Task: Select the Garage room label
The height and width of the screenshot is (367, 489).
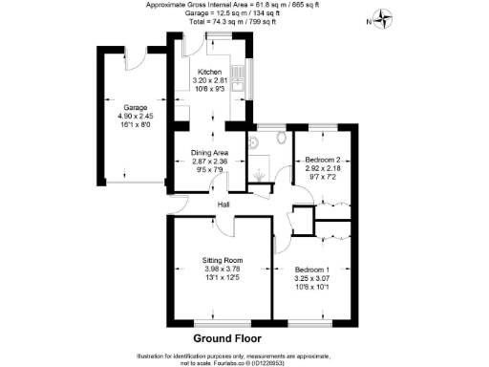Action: click(x=123, y=108)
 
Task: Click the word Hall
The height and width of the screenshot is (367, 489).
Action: click(x=223, y=205)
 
